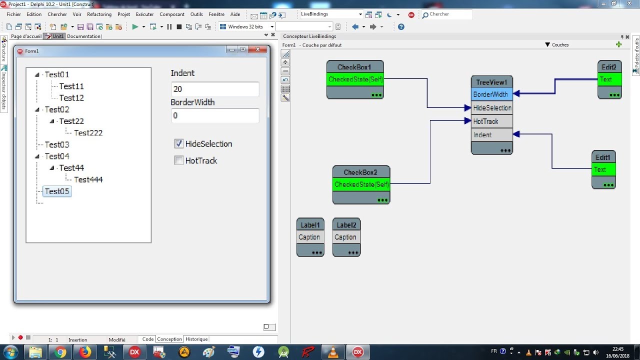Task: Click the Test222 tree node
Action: (88, 133)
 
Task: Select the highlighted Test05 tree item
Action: (57, 191)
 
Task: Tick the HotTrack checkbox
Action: (179, 160)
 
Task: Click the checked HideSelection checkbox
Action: (179, 144)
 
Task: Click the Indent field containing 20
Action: (215, 89)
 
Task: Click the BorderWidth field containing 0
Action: (215, 115)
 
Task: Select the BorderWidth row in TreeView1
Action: (491, 94)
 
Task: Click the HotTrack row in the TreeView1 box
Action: (491, 121)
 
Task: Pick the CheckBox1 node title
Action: (354, 67)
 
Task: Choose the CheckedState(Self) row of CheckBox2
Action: (361, 184)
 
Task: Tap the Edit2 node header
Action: (609, 67)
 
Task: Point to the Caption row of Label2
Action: (346, 237)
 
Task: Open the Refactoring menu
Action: (99, 14)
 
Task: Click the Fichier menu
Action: (14, 14)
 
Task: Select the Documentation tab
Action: (84, 36)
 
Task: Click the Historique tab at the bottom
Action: (196, 339)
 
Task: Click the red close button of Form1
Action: (258, 49)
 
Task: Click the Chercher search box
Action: (446, 14)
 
